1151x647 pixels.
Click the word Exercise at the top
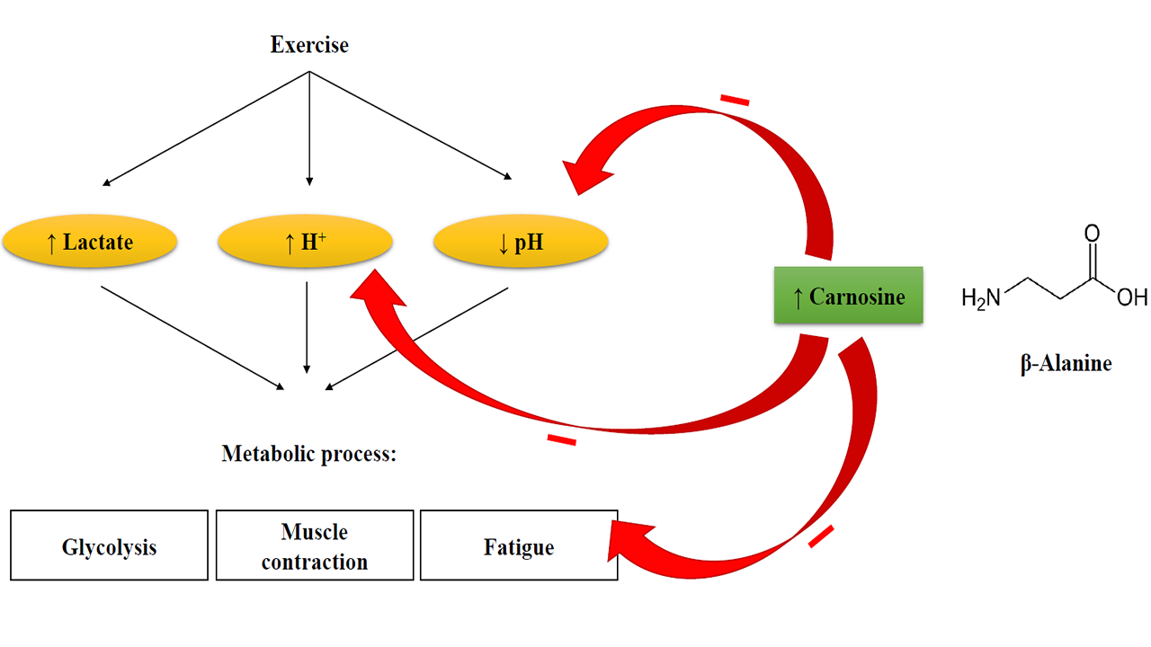(309, 44)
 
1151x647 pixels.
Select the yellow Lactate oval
(89, 242)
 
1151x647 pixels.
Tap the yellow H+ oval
(305, 242)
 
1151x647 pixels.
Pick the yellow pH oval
(521, 242)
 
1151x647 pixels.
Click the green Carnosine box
(848, 296)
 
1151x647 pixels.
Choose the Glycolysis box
(109, 546)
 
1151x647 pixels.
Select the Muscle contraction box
(314, 546)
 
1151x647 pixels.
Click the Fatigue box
(519, 546)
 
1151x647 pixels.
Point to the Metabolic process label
(309, 454)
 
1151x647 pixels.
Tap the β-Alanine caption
(1066, 364)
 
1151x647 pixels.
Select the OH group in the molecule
(1131, 297)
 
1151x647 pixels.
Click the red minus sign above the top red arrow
(735, 100)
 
